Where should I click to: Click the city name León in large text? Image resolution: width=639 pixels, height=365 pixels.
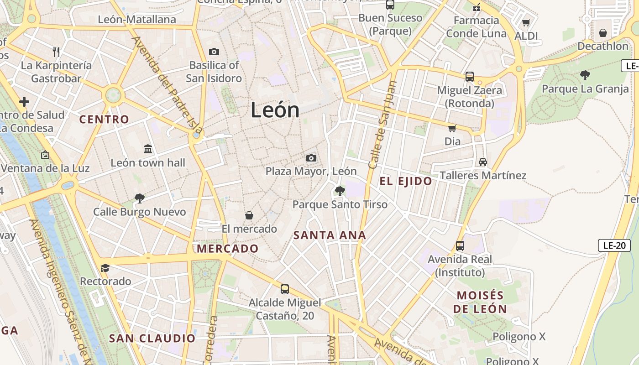[275, 110]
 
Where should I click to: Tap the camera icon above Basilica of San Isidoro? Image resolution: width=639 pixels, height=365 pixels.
[214, 52]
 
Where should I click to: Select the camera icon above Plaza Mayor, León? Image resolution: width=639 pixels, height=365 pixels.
[311, 158]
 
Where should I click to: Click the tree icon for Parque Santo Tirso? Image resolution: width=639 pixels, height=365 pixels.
[340, 191]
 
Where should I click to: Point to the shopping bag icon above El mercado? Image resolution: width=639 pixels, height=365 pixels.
[249, 215]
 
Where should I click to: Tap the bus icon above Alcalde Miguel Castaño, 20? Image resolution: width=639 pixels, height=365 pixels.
[285, 289]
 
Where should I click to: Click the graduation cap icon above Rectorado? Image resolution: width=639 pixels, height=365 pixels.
[105, 268]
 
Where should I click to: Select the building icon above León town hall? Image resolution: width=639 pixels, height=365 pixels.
[148, 149]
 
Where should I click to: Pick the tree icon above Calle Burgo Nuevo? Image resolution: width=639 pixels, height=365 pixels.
[140, 198]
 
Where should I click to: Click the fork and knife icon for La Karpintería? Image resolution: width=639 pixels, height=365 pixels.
[57, 52]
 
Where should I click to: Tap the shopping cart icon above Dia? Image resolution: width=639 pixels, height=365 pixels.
[452, 128]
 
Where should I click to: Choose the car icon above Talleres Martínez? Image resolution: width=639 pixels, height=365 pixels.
[483, 162]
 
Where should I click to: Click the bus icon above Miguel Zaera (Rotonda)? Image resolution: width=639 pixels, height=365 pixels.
[470, 77]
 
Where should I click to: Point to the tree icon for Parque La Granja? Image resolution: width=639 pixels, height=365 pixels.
[585, 75]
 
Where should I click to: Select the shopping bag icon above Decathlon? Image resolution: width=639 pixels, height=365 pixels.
[603, 33]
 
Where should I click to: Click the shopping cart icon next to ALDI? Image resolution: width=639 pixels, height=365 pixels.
[526, 22]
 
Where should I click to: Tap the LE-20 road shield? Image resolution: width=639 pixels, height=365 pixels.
[614, 245]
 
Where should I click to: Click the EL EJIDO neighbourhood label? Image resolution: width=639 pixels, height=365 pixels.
[406, 181]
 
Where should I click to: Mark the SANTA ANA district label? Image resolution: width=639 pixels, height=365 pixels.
[330, 235]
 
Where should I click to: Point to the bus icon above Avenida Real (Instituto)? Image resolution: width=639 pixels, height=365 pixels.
[460, 246]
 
